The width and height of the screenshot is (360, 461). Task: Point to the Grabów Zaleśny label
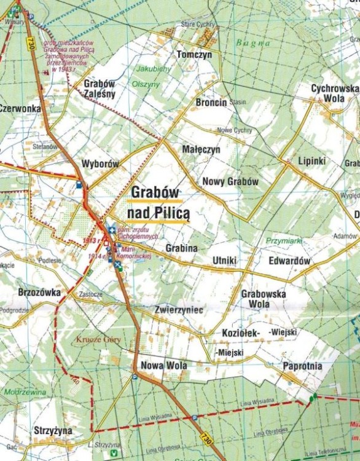coord(100,89)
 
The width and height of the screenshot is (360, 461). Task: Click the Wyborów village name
coord(100,164)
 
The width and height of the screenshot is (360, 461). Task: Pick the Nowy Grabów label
coord(230,182)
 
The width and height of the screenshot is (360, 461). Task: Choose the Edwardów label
coord(289,261)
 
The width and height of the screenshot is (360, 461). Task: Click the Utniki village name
coord(224,261)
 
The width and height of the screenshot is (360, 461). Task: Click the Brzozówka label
coord(39,293)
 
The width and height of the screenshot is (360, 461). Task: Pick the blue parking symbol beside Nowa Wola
coord(135,377)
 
